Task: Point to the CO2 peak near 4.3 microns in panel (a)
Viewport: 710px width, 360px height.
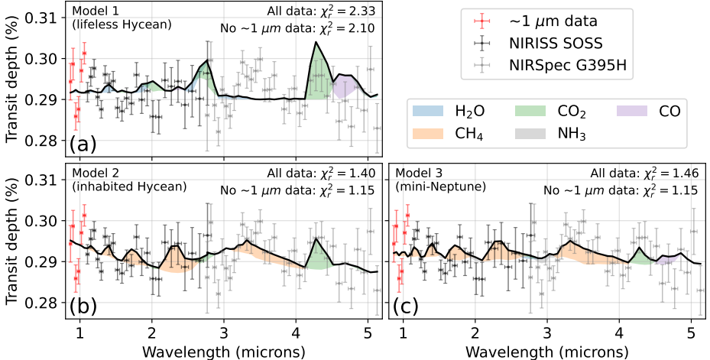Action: pos(316,42)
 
